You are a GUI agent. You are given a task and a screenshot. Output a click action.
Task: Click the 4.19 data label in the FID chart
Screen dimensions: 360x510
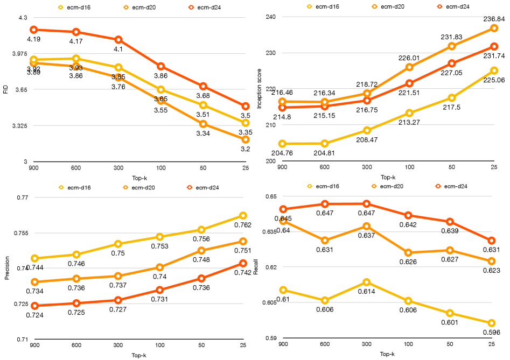[x=33, y=39]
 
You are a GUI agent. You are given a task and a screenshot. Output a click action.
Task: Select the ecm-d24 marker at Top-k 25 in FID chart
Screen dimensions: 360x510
[x=245, y=106]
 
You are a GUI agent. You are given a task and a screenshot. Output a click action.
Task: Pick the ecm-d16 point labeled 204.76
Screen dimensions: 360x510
[x=282, y=144]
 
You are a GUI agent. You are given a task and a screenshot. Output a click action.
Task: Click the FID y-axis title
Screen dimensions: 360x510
[x=6, y=90]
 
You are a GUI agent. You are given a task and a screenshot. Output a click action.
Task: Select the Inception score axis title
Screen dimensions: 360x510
[x=259, y=89]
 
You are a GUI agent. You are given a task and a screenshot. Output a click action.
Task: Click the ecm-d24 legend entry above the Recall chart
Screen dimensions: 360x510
[x=453, y=186]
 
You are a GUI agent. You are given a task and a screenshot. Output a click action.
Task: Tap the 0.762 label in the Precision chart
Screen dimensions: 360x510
[x=243, y=225]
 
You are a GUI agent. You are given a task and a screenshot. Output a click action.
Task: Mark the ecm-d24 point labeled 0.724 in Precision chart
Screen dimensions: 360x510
[x=34, y=306]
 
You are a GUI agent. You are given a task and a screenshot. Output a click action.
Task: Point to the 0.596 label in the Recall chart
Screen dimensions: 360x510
[x=492, y=333]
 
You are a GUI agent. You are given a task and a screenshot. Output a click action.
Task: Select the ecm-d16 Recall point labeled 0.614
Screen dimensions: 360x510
[x=366, y=282]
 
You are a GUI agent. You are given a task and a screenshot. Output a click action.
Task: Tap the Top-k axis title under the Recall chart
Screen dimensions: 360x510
[x=387, y=354]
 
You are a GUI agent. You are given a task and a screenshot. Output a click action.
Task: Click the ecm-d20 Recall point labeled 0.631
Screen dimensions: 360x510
[x=324, y=240]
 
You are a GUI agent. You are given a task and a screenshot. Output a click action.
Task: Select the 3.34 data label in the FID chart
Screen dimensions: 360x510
[x=203, y=133]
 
